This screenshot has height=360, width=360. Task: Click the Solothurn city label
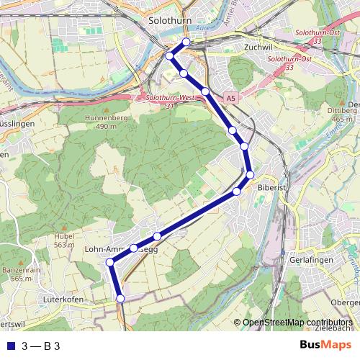click(167, 22)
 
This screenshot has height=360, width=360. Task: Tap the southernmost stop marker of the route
click(120, 297)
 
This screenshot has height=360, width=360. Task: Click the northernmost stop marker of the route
click(186, 42)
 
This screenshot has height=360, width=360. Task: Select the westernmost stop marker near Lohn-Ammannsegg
click(109, 262)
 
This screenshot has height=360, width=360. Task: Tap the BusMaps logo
click(326, 345)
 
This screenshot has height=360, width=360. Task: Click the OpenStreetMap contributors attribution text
click(297, 323)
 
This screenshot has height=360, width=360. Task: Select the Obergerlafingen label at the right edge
click(345, 302)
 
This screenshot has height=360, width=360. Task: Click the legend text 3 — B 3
click(40, 346)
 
